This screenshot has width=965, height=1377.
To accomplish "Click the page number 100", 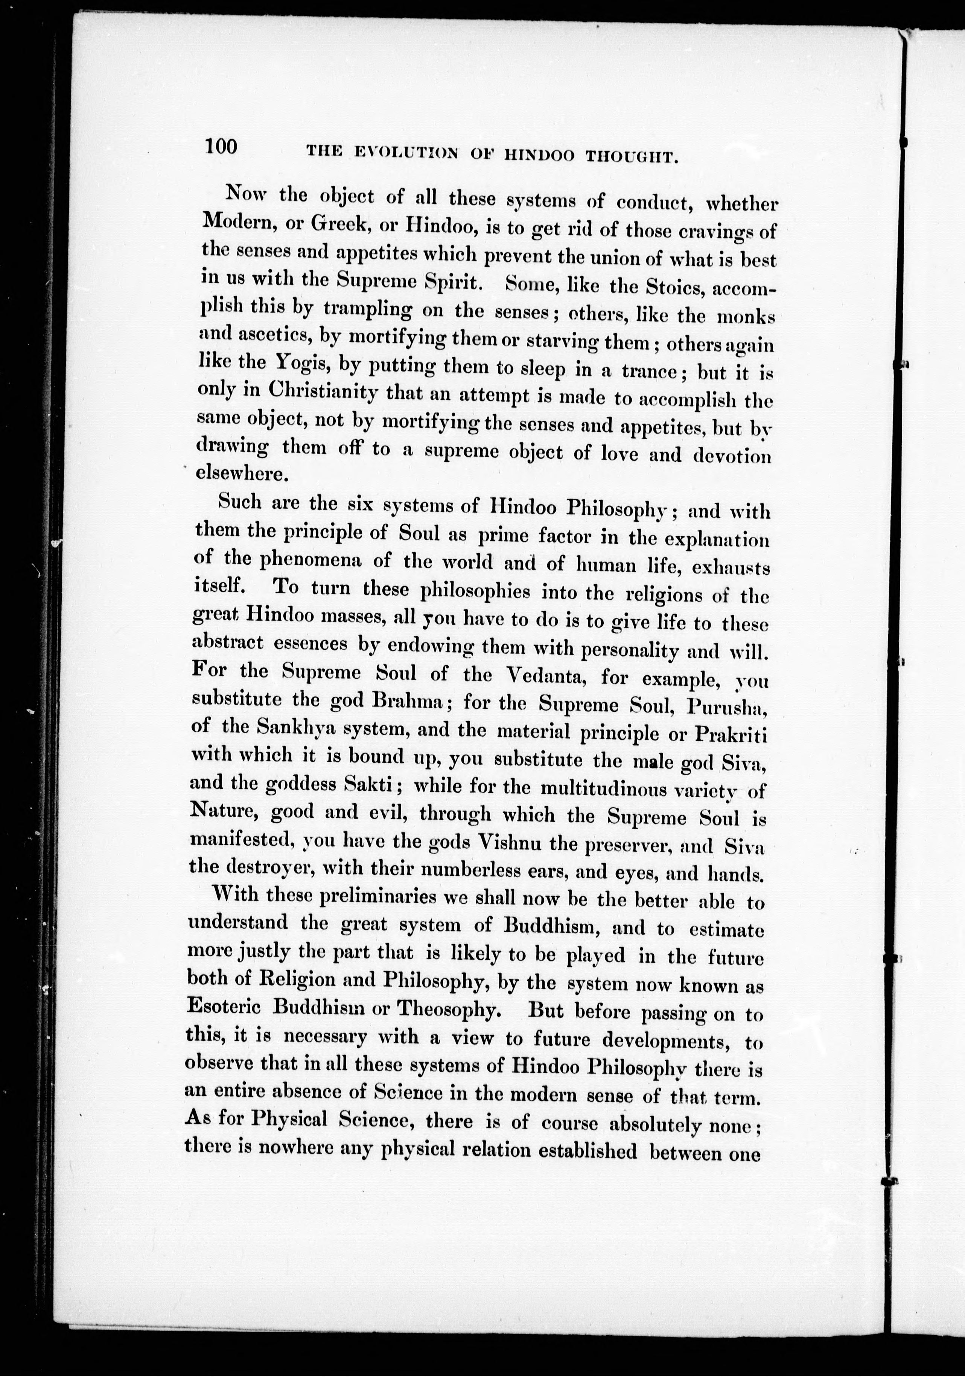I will tap(221, 146).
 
